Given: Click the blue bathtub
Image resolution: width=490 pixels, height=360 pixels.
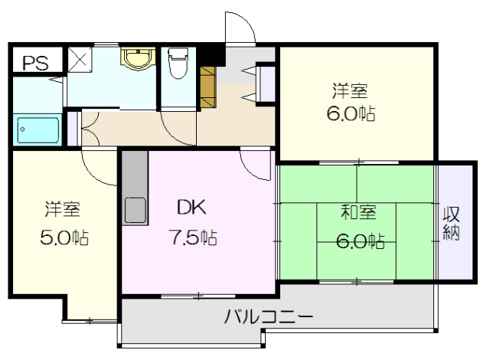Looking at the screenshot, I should [38, 129].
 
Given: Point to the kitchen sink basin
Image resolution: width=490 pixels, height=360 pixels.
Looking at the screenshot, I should [136, 208].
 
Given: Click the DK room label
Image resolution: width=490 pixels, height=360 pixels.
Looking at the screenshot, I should [191, 208].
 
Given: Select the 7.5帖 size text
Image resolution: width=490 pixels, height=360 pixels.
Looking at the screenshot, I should [193, 237].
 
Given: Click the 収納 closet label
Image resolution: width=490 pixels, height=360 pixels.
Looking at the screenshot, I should [451, 221].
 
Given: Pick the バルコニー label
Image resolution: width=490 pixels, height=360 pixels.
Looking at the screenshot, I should [269, 316].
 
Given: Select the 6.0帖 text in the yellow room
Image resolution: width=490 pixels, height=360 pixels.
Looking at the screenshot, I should [350, 116].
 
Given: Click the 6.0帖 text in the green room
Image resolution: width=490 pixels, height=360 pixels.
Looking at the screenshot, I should [360, 241].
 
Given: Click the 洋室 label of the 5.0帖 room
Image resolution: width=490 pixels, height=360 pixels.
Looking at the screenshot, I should [62, 208].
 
